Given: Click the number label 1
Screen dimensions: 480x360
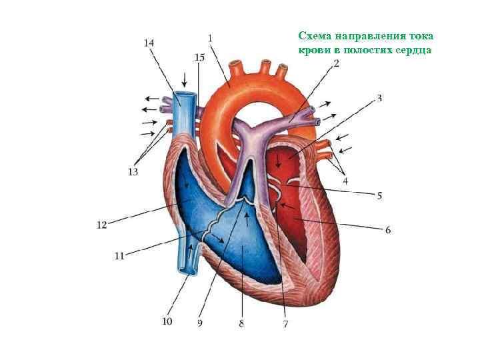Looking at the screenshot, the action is (211, 39).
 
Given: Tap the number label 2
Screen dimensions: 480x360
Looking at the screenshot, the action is (336, 64).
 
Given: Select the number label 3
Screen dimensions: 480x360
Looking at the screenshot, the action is (379, 99).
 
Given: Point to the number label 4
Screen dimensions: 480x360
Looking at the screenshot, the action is (345, 180).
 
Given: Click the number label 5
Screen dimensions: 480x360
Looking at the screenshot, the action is (379, 196).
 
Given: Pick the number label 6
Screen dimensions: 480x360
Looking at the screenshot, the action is (388, 230).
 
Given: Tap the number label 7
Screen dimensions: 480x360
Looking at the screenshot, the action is (285, 324).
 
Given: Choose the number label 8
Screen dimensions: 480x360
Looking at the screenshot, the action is (241, 324).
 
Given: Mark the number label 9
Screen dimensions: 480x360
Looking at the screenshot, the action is (200, 324).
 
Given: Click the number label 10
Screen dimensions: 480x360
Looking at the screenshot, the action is (167, 321).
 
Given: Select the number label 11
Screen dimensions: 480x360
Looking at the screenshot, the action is (119, 255).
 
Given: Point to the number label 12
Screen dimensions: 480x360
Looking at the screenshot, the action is (101, 225).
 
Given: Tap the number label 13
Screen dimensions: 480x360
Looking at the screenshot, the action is (133, 171).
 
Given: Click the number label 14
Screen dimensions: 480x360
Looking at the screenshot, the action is (149, 43).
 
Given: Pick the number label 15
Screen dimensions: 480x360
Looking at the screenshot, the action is (199, 57).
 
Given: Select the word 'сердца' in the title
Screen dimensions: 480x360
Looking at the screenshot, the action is (416, 50).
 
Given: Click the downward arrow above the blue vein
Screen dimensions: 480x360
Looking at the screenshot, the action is (184, 78).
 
